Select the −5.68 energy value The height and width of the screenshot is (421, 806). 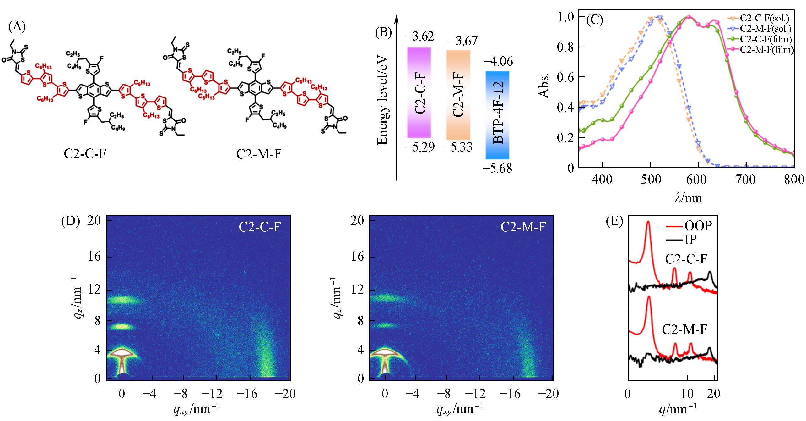pyautogui.click(x=497, y=168)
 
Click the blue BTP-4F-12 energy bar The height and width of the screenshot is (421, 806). pyautogui.click(x=497, y=115)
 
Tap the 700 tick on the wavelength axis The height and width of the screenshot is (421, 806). pyautogui.click(x=745, y=180)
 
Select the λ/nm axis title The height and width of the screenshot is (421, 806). pyautogui.click(x=688, y=197)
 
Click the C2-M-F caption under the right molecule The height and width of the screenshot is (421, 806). pyautogui.click(x=258, y=154)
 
